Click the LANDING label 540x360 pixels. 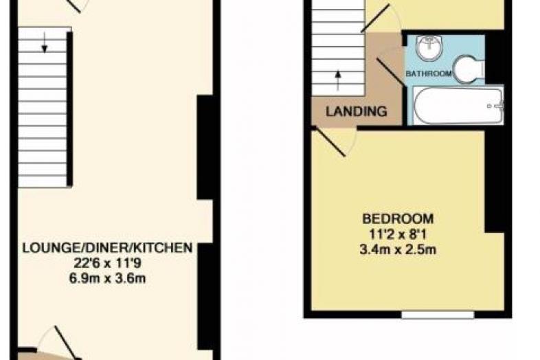pos(357,111)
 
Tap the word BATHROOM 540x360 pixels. pos(429,74)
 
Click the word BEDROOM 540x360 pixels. pos(398,218)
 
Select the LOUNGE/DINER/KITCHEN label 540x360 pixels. pos(107,248)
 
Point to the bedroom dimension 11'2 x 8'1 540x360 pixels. pos(398,234)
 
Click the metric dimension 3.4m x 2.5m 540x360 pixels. pos(398,249)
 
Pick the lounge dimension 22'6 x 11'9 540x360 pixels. pos(107,263)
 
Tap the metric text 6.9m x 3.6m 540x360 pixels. pos(107,278)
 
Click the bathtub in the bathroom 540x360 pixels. pos(458,105)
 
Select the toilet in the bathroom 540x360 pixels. pos(469,69)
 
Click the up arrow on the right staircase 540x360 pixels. pos(338,80)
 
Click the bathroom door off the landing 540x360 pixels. pos(390,71)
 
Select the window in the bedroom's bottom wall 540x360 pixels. pos(438,315)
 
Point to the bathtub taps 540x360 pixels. pos(496,106)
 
